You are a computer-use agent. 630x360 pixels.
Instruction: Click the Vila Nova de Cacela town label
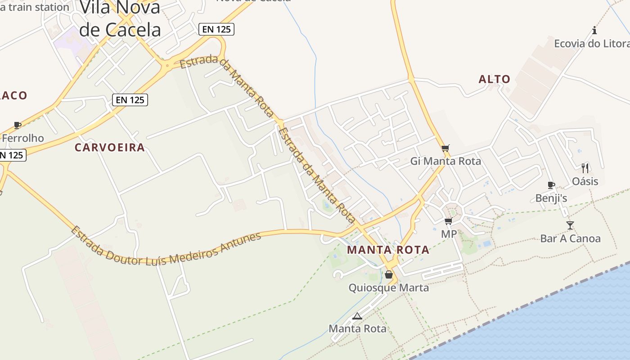120,19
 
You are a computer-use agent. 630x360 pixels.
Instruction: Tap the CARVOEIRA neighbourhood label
110,148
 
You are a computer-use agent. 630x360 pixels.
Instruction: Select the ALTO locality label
495,80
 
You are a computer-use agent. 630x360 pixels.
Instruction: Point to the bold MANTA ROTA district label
388,250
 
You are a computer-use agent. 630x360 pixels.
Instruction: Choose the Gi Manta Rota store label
445,161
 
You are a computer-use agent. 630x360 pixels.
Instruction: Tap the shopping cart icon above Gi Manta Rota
445,148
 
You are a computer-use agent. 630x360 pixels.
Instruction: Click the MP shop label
449,234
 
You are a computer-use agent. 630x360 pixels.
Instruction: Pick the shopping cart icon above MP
448,221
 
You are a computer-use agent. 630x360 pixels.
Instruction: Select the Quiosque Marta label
389,288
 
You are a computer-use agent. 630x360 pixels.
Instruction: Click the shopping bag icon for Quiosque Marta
389,274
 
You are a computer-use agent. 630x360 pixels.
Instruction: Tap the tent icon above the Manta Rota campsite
357,316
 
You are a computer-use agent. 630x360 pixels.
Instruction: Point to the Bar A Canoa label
570,238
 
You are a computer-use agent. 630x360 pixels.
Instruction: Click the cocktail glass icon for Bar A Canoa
570,225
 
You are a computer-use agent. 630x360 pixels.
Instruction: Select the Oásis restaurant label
585,181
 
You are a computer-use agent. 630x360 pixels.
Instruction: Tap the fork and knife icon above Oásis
585,168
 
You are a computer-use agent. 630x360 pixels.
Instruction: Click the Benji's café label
551,198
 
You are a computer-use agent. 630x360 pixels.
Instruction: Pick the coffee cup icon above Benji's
551,185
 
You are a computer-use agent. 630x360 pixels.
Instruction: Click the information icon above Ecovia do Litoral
594,31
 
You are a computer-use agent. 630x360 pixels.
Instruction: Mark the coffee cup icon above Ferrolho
18,125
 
